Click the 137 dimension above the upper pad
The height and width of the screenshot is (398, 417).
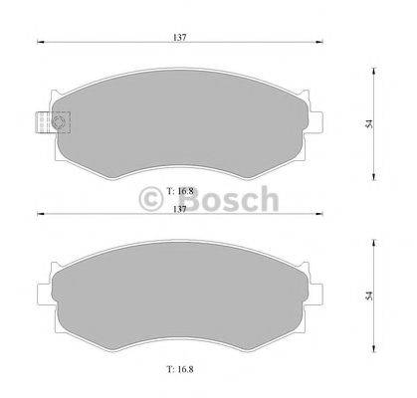[x=180, y=37]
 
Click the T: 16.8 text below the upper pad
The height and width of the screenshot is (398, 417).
[x=180, y=189]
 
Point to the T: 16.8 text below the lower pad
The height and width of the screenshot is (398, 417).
[x=180, y=367]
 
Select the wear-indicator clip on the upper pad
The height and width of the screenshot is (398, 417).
[x=47, y=123]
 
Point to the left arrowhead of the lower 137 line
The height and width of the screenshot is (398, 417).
[x=41, y=214]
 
